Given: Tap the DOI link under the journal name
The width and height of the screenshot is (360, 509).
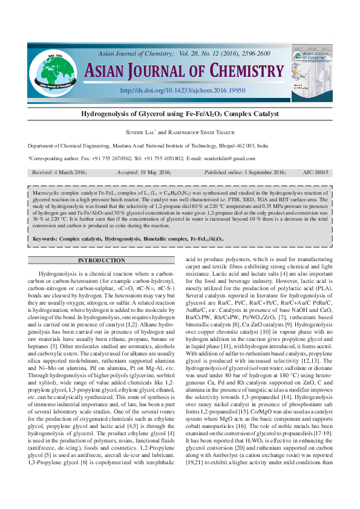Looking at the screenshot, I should tap(183, 90).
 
